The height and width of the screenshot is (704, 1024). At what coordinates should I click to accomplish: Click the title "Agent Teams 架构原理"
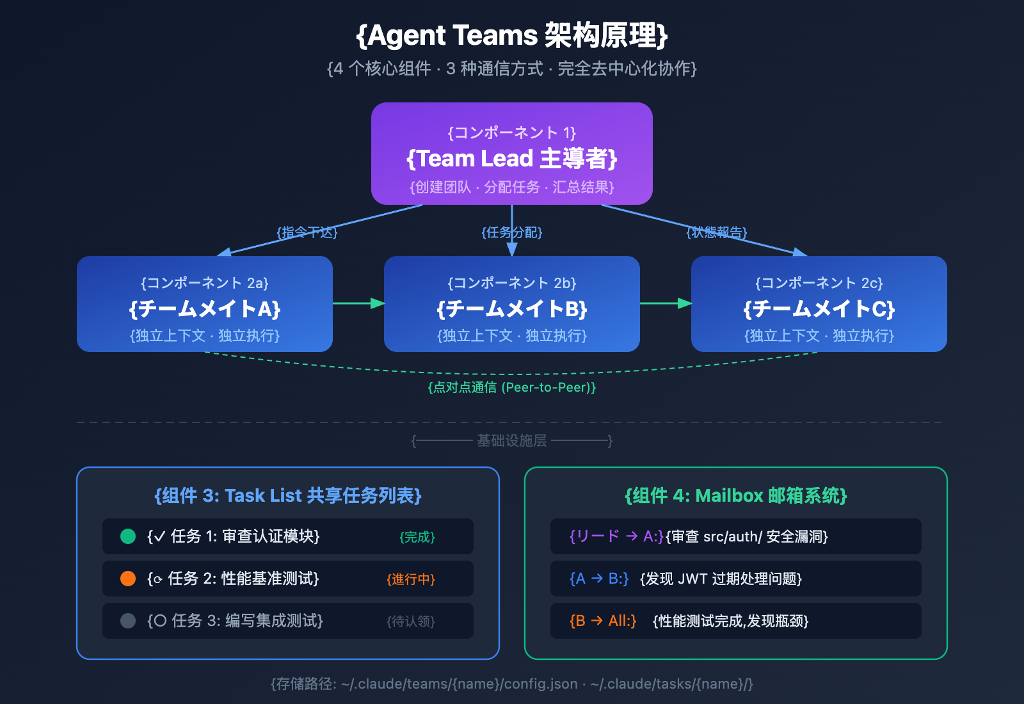[x=512, y=36]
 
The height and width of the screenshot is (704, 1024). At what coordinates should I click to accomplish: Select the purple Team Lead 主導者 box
[x=512, y=154]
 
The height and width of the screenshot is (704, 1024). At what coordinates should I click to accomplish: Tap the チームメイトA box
[x=205, y=304]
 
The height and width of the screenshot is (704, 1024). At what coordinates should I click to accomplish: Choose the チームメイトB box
[x=512, y=304]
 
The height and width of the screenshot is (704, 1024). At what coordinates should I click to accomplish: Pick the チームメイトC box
[x=819, y=304]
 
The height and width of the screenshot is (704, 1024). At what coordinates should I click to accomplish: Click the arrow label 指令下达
[x=307, y=232]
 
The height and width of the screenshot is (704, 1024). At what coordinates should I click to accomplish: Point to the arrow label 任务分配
[x=512, y=232]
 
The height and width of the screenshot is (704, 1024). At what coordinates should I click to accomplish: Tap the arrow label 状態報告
[x=717, y=232]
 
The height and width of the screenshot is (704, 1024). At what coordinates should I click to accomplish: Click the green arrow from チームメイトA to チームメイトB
[x=358, y=303]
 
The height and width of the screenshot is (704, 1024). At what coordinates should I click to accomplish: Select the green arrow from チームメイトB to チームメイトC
[x=666, y=303]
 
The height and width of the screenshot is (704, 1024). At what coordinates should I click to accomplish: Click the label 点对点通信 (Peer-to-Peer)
[x=512, y=387]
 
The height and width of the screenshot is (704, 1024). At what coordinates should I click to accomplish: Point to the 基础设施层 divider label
[x=512, y=440]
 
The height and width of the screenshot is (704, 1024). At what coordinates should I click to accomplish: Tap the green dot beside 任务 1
[x=128, y=536]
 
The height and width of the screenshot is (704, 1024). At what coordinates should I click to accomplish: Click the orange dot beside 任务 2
[x=128, y=579]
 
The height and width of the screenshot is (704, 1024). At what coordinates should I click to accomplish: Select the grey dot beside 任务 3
[x=128, y=621]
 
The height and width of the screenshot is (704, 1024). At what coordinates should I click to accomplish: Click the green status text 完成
[x=417, y=537]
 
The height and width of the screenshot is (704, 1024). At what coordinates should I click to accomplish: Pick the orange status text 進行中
[x=411, y=579]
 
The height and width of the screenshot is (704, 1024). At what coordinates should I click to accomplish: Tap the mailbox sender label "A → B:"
[x=599, y=579]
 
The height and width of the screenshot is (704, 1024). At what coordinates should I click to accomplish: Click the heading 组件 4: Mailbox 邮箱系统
[x=736, y=495]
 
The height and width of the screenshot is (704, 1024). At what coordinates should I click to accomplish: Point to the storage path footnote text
[x=512, y=684]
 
